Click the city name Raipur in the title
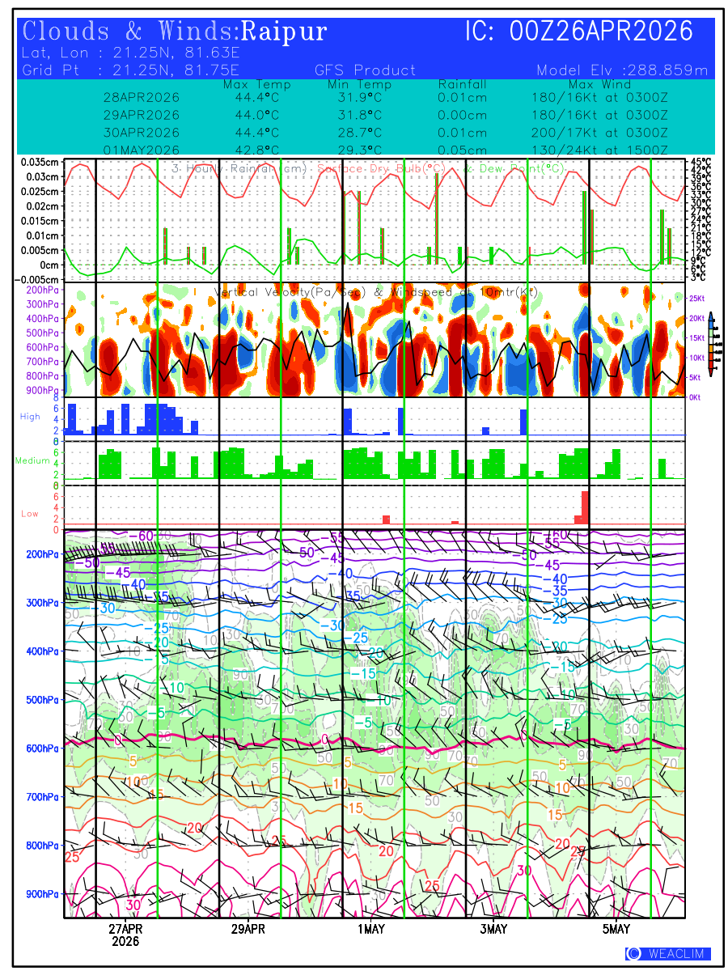coord(285,32)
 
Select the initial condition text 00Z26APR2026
coord(602,32)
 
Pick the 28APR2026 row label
coord(142,97)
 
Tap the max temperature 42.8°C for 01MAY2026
coord(257,150)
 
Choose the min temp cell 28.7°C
coord(359,132)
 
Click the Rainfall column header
coord(463,84)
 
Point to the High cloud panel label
coord(30,416)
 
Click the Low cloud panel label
coord(30,513)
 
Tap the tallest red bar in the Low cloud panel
coord(585,507)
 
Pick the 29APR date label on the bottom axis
coord(248,929)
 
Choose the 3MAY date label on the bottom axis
coord(493,929)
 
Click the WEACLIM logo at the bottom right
coord(668,954)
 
